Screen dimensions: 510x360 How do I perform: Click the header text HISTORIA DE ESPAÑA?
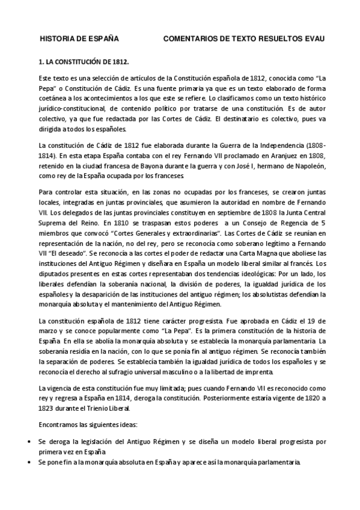(78, 39)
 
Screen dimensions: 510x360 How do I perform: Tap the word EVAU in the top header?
(312, 39)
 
